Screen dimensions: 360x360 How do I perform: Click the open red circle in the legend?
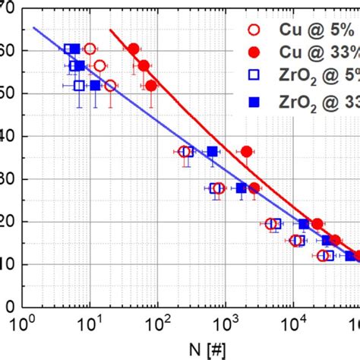tap(254, 31)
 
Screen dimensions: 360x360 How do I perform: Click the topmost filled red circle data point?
tap(134, 49)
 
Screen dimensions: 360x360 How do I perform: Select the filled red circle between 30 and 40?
tap(246, 152)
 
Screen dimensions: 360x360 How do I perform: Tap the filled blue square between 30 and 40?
tap(213, 152)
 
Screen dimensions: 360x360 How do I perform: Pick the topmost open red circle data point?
tap(90, 49)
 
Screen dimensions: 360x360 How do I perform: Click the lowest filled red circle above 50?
tap(151, 85)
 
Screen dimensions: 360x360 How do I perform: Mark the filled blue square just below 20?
tap(304, 224)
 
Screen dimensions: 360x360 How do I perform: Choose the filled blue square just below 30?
tap(242, 188)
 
